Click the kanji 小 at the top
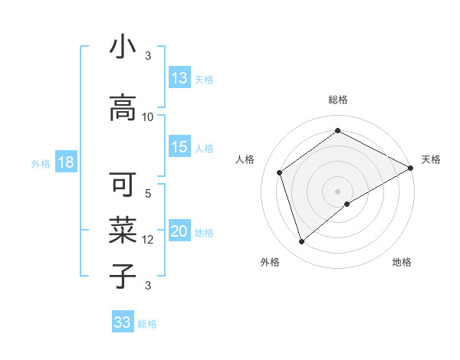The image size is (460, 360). (123, 47)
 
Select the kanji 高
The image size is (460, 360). (123, 110)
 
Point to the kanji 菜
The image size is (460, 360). (123, 228)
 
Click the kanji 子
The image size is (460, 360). (123, 273)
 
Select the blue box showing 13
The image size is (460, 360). (179, 78)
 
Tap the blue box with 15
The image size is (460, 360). (179, 147)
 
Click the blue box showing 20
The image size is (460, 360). (179, 232)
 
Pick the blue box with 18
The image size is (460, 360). (64, 162)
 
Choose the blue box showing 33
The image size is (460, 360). (123, 322)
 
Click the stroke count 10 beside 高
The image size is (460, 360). (148, 117)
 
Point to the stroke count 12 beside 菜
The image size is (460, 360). (148, 240)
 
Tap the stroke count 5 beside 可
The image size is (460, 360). (148, 194)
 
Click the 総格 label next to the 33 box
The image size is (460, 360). (147, 324)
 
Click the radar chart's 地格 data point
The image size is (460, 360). (347, 204)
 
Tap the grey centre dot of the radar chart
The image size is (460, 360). (337, 191)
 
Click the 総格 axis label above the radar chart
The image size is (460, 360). (337, 100)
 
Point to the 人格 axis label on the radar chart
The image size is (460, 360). (246, 159)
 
